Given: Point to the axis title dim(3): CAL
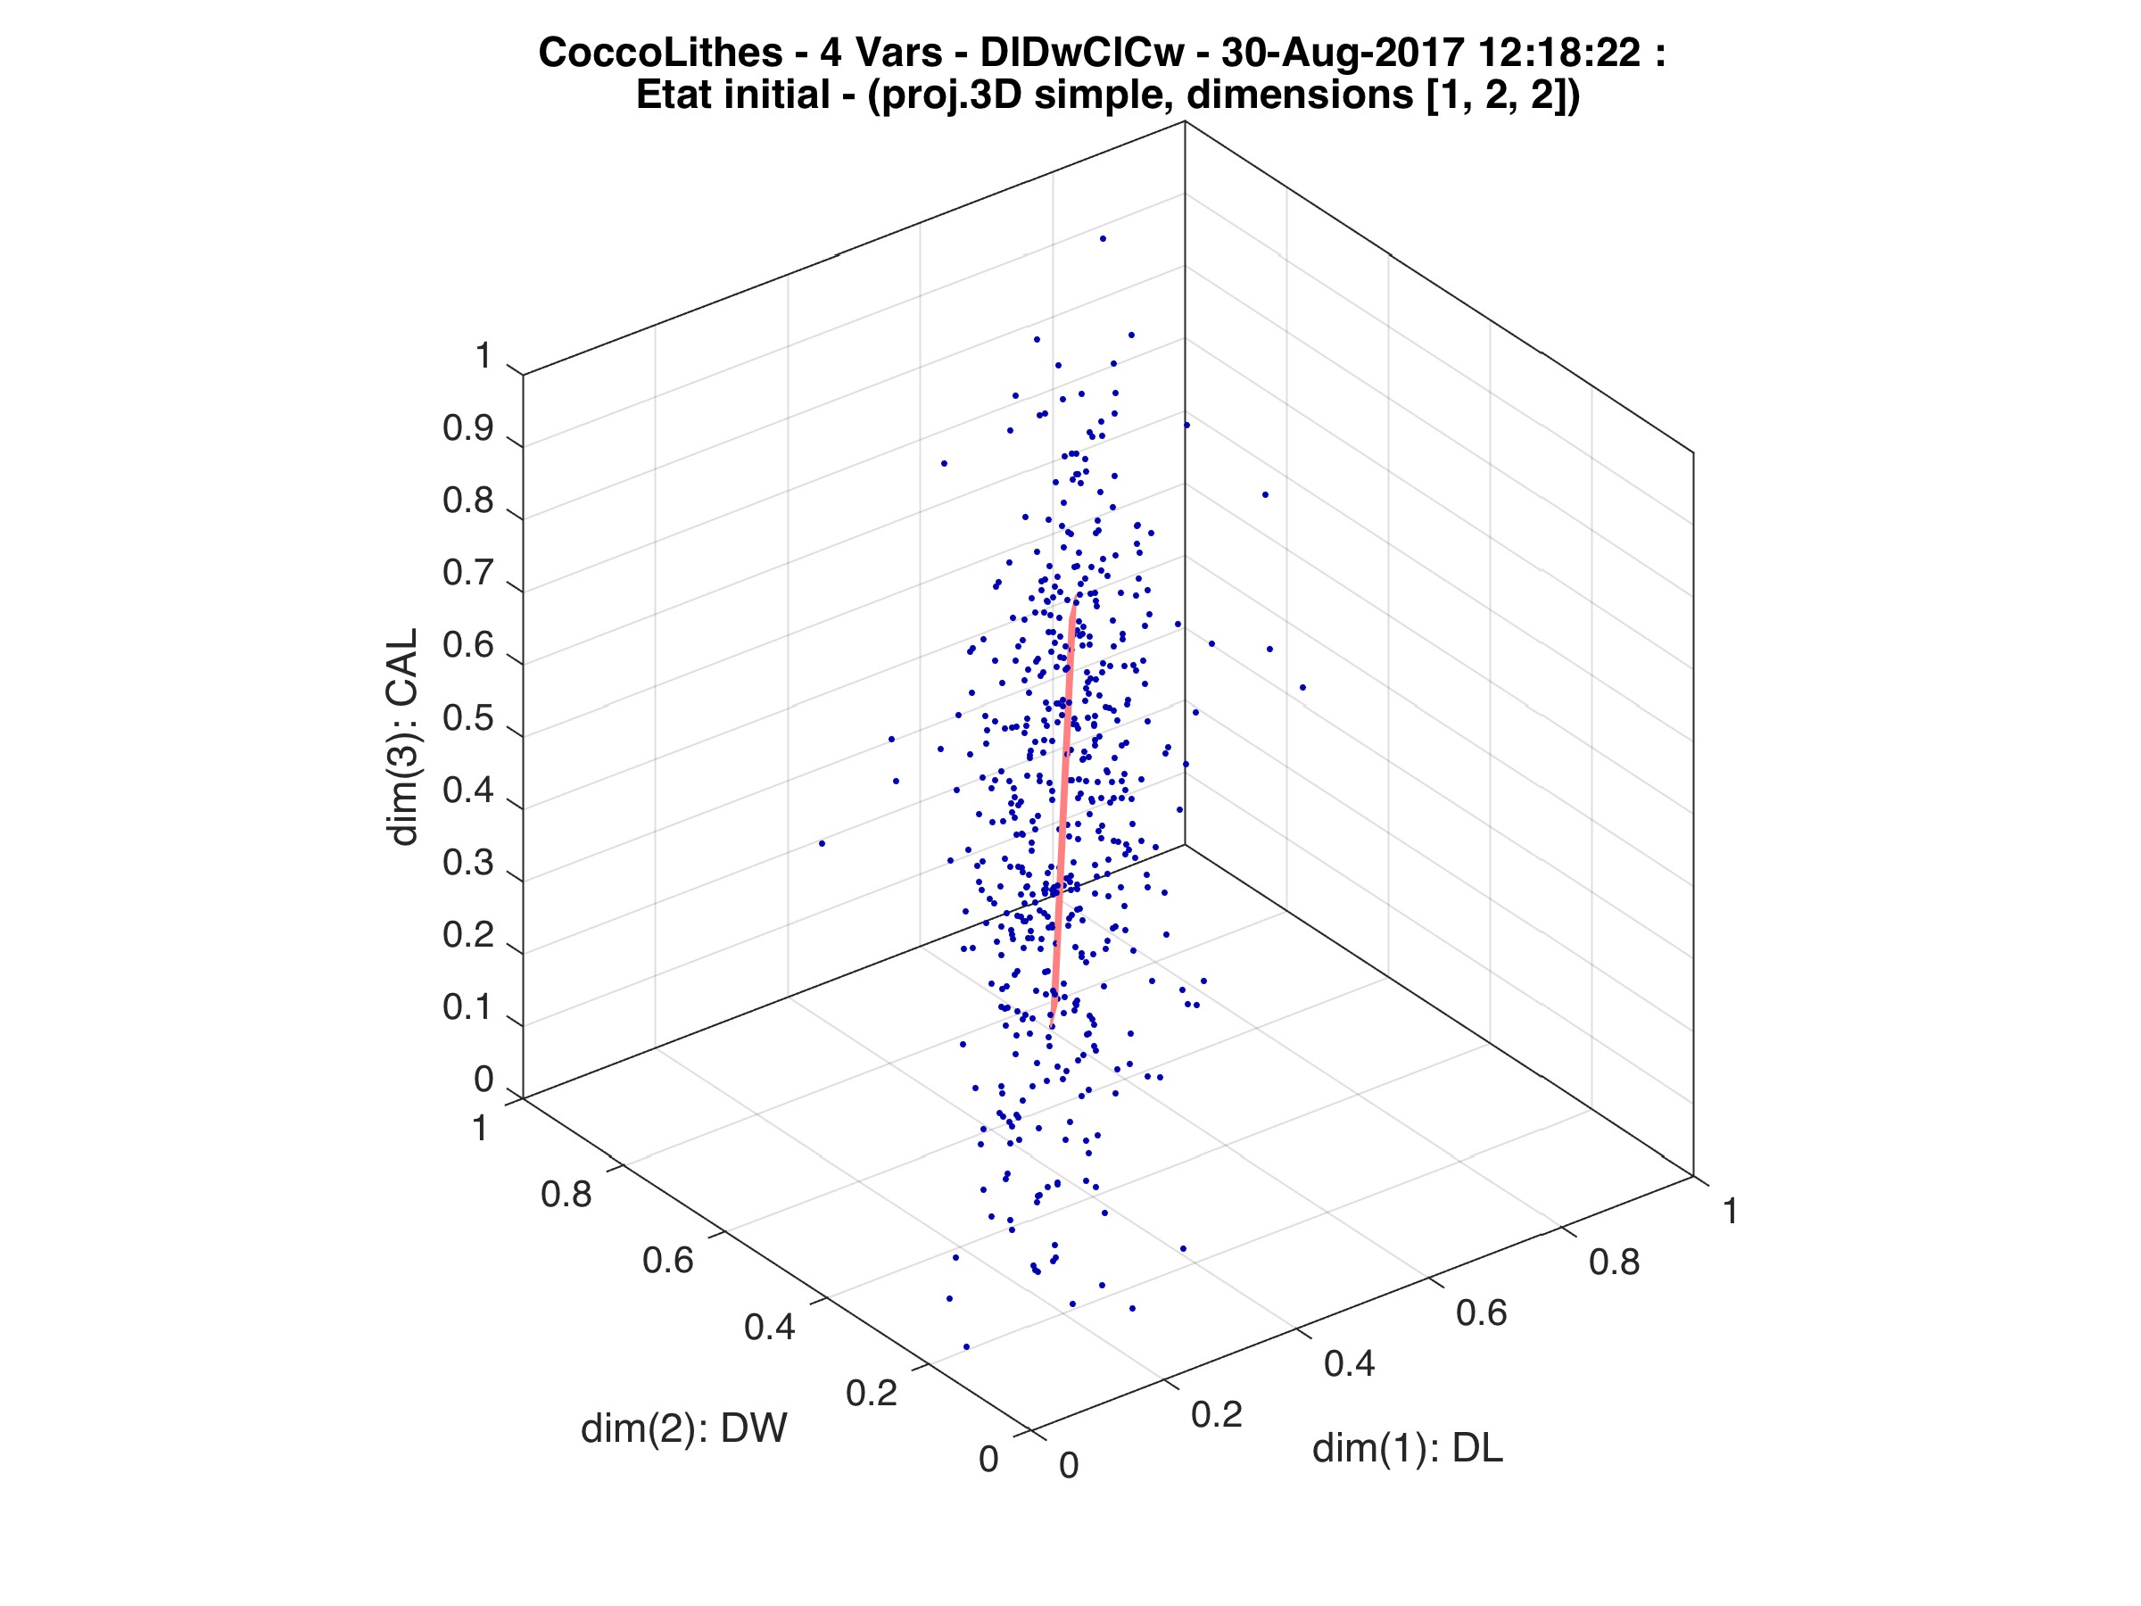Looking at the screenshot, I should pos(402,738).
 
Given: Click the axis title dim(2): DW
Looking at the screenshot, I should pos(683,1428).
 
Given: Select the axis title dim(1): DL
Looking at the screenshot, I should pos(1408,1448).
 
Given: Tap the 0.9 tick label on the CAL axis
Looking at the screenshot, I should pos(468,429).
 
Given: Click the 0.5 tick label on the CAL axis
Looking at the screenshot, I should pos(468,719).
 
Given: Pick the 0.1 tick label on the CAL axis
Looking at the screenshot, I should pos(468,1007).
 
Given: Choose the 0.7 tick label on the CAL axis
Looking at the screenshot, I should pos(468,573).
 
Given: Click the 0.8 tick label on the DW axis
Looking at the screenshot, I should pos(566,1195).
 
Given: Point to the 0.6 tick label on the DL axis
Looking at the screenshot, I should pos(1482,1312).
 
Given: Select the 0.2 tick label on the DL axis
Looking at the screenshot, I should pos(1217,1414).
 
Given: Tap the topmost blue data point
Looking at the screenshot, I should pos(1103,238).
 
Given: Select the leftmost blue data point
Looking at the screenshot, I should pos(822,843).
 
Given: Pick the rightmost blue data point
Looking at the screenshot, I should pos(1302,687).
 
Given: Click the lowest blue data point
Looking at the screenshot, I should pos(966,1346).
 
